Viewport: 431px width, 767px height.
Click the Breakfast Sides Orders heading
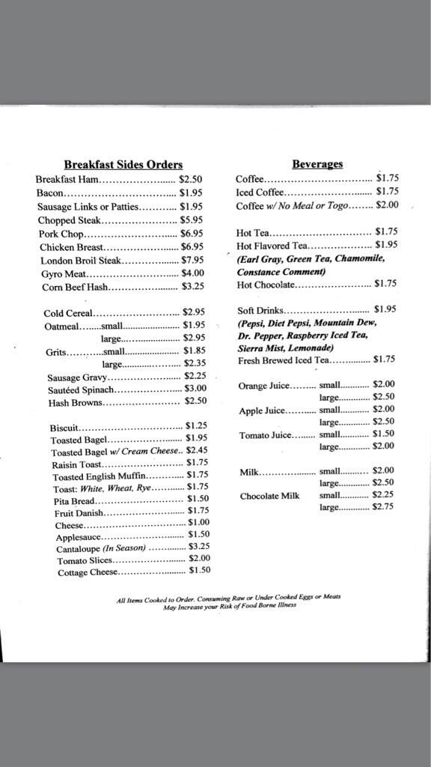click(x=123, y=165)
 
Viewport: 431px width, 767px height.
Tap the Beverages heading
click(x=317, y=163)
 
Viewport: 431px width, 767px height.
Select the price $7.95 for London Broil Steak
click(x=192, y=260)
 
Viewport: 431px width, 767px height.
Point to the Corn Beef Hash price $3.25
click(x=192, y=287)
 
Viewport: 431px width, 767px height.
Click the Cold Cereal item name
click(x=68, y=313)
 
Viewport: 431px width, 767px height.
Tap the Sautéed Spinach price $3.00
click(x=195, y=389)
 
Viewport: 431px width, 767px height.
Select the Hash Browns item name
click(x=75, y=402)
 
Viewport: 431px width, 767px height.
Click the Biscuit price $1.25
click(x=196, y=425)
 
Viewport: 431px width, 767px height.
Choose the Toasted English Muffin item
click(x=100, y=475)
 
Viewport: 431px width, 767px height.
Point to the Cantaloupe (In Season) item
click(x=102, y=548)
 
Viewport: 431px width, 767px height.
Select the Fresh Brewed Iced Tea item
click(x=283, y=360)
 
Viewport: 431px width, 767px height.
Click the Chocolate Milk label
click(x=269, y=496)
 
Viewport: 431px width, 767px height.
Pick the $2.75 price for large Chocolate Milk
click(x=383, y=507)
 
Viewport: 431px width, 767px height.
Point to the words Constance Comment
click(x=275, y=271)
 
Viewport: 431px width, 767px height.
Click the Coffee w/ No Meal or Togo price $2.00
click(x=387, y=204)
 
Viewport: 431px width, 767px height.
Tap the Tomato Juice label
click(x=266, y=435)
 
